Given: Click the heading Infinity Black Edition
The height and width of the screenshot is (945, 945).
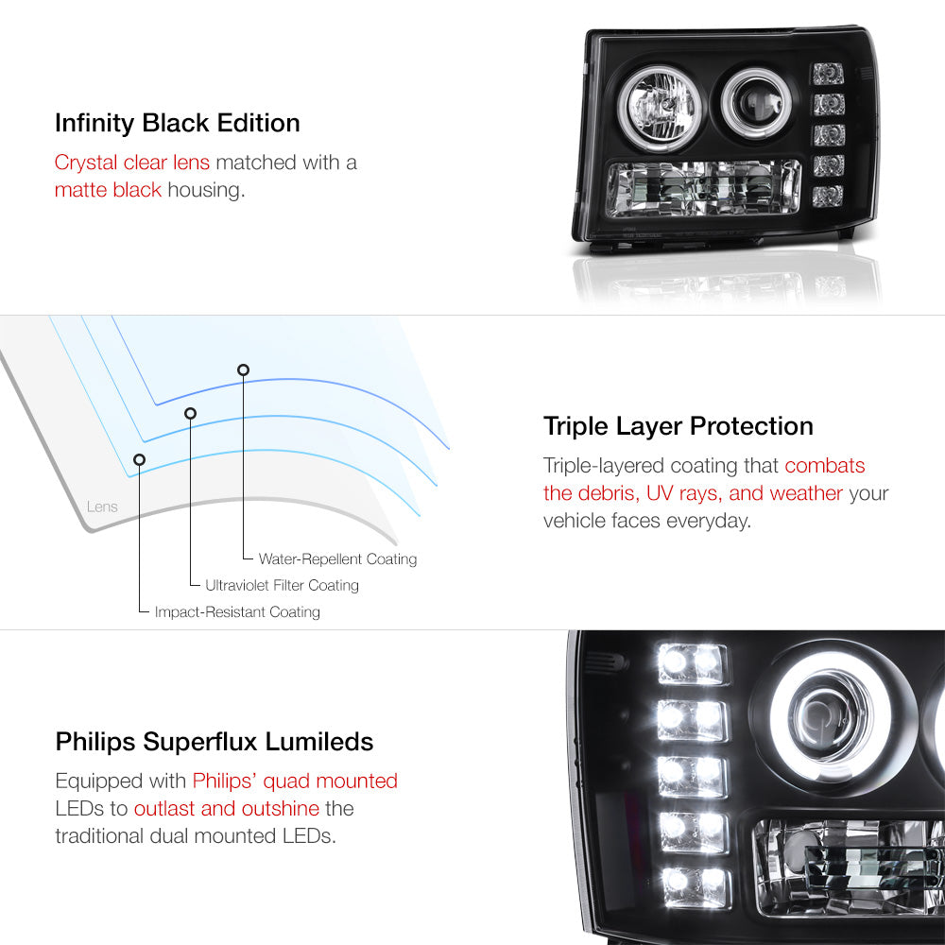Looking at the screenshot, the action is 178,123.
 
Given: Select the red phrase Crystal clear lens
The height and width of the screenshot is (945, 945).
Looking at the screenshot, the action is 132,163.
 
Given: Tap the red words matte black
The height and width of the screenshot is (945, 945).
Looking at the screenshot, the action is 108,190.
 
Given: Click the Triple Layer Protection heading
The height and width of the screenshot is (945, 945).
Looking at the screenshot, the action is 678,426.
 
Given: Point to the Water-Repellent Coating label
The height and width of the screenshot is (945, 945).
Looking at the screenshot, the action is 337,559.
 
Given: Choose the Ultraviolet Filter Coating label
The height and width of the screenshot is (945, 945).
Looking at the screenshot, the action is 282,585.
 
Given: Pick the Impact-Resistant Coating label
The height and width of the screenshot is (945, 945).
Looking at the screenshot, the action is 237,611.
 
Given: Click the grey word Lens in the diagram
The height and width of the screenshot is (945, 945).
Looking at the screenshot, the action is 102,507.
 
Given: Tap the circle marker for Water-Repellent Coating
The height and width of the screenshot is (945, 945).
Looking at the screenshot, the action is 243,370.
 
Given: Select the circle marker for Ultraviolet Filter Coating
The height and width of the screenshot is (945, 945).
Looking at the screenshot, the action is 191,414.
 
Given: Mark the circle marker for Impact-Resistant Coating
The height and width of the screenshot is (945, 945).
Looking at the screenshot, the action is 139,460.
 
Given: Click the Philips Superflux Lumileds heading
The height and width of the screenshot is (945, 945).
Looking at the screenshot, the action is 215,741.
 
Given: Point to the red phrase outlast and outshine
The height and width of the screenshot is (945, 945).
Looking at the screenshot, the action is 227,808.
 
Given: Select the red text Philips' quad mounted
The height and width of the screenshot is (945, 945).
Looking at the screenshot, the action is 295,782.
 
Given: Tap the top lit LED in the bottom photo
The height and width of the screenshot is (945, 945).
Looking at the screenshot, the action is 692,663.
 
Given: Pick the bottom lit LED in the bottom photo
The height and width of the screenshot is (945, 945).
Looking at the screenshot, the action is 696,887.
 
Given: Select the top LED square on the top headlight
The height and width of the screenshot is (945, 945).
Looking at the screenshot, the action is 828,74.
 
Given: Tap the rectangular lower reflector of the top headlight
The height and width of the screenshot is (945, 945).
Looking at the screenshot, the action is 704,188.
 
